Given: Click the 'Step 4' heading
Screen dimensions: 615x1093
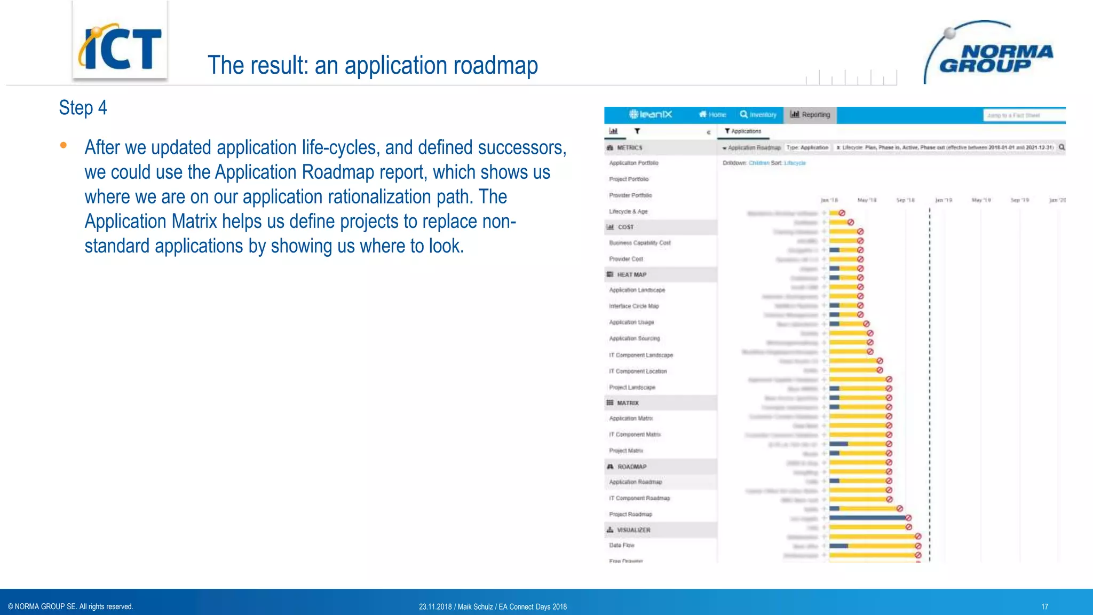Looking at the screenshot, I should click(x=83, y=108).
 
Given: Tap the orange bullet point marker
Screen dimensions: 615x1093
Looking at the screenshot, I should click(x=64, y=145).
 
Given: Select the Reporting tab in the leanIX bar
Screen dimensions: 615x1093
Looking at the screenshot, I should click(x=810, y=115).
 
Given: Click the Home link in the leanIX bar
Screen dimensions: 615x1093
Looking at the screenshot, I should click(x=712, y=115).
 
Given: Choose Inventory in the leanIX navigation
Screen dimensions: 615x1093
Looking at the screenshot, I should click(x=758, y=115).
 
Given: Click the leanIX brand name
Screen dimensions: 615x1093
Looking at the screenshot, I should click(x=651, y=114).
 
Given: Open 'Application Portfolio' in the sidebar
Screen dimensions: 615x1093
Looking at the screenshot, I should click(x=633, y=163).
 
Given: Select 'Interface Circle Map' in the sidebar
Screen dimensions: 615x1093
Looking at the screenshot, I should click(x=633, y=306).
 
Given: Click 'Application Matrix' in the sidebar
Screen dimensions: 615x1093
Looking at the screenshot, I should click(x=631, y=419).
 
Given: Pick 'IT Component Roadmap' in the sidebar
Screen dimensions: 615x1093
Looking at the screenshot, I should click(x=639, y=498).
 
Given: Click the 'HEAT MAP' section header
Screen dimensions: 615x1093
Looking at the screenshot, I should click(x=631, y=274).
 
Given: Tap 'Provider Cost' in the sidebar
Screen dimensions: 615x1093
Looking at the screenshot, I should click(x=626, y=259).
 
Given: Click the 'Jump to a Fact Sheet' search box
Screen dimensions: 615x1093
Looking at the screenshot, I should click(x=1023, y=115).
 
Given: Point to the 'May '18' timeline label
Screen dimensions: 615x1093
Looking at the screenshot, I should click(x=867, y=200).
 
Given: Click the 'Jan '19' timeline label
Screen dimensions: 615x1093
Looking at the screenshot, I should click(x=944, y=200).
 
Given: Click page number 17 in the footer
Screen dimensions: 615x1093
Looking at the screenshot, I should click(x=1044, y=606).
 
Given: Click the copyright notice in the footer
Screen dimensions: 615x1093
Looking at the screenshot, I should click(x=70, y=606).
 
